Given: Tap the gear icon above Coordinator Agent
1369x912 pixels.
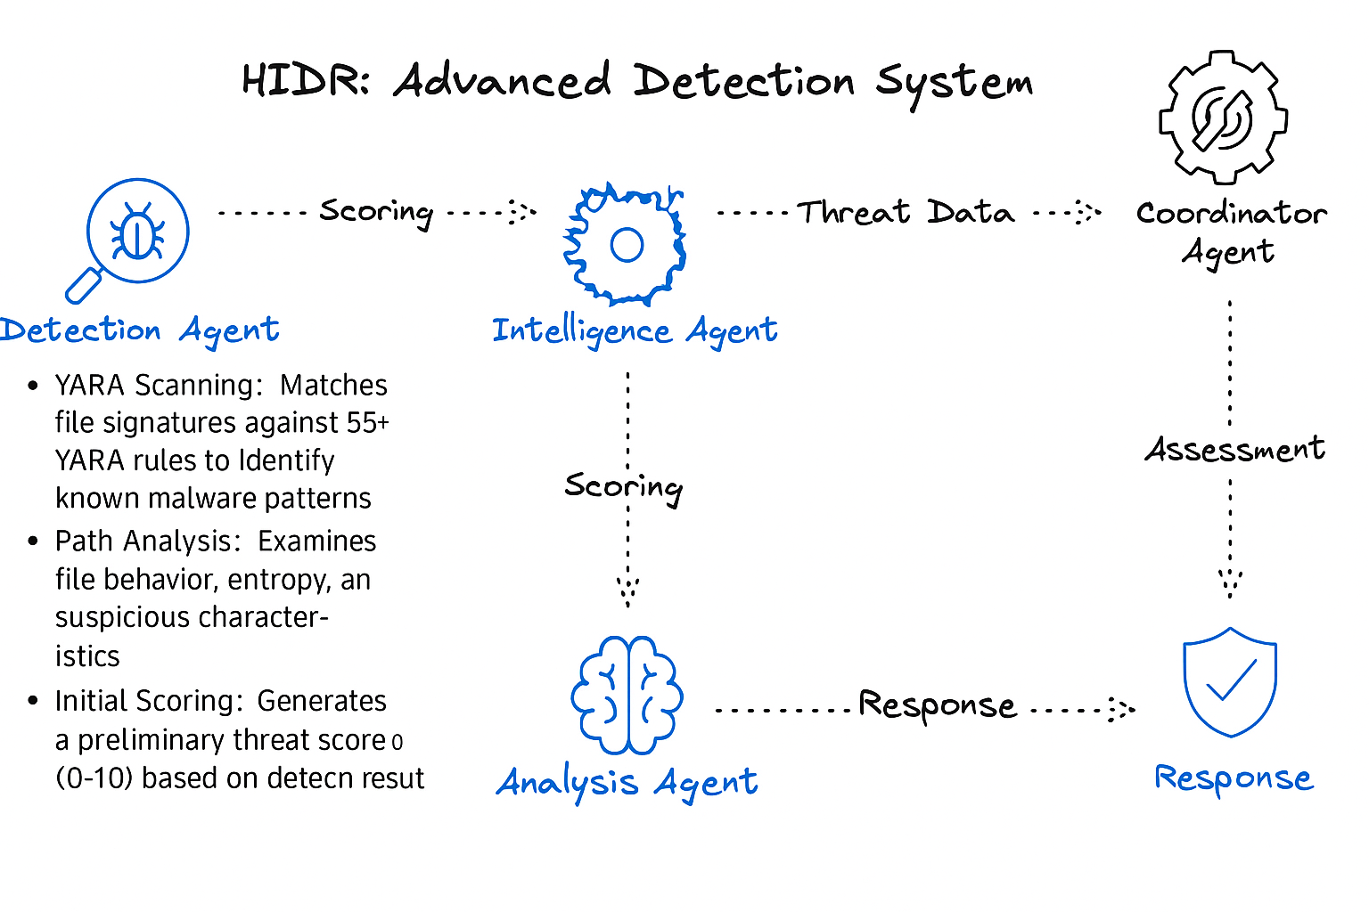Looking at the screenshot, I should coord(1223,117).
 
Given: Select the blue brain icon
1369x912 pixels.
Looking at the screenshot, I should coord(627,696).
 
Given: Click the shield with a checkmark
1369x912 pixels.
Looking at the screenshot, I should coord(1230,682).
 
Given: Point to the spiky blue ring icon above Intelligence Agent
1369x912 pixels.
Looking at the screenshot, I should coord(626,244).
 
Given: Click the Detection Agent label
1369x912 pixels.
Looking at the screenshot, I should coord(139,330).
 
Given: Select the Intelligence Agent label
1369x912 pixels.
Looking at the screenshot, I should coord(635,331).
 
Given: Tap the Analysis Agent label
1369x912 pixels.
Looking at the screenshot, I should coord(627,784).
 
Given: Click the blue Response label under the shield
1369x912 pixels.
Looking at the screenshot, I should coord(1234,778).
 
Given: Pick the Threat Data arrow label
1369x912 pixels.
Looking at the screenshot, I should coord(906,212).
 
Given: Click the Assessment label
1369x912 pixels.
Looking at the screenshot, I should coord(1234,449).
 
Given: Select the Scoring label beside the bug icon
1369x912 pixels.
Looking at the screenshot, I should coord(376,212).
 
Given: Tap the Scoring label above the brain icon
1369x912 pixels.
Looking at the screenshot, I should coord(624,487).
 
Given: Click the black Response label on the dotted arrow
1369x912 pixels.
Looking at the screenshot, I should coord(937,705).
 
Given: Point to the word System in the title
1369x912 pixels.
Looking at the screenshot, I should coord(954,83).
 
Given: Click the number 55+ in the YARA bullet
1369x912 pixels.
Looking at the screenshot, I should coord(368,422).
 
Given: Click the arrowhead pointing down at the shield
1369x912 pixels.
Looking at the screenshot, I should coord(1230,582).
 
